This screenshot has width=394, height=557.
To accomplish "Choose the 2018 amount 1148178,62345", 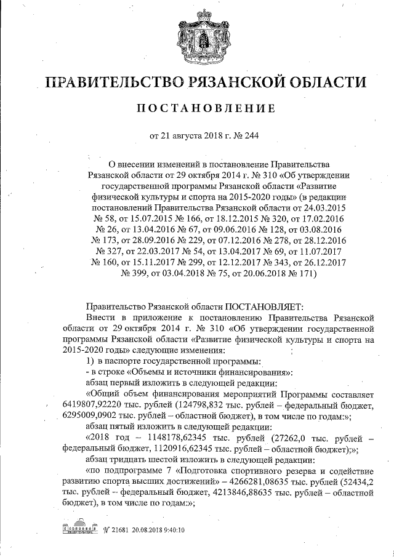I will coord(174,439).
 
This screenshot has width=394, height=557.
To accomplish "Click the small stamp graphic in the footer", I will coord(79,529).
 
